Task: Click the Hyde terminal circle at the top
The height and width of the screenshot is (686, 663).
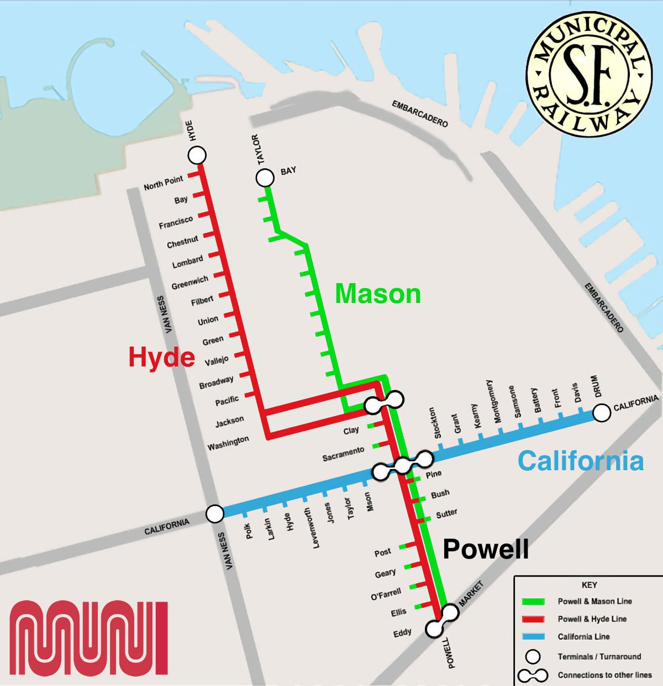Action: click(x=197, y=156)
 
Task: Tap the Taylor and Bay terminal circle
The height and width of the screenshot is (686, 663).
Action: click(x=265, y=178)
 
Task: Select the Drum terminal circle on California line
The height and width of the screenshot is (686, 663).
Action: click(x=601, y=413)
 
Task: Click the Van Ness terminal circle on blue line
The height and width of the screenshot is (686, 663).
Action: click(x=215, y=513)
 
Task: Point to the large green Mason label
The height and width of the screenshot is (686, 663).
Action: click(x=378, y=293)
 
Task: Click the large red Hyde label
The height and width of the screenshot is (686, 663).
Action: click(x=161, y=357)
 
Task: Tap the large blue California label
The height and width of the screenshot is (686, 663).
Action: click(x=581, y=461)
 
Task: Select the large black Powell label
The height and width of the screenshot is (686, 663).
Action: click(x=486, y=549)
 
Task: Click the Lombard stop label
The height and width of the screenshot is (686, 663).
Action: click(x=187, y=262)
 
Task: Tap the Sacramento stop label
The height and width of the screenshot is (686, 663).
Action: click(x=343, y=454)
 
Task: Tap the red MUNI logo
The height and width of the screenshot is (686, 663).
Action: click(x=88, y=638)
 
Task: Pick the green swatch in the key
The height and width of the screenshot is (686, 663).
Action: click(x=533, y=602)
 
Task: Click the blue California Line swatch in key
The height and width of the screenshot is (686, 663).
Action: click(x=533, y=637)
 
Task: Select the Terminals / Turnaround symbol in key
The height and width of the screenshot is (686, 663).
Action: click(x=533, y=657)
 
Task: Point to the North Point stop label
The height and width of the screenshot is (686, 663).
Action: click(x=163, y=183)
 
